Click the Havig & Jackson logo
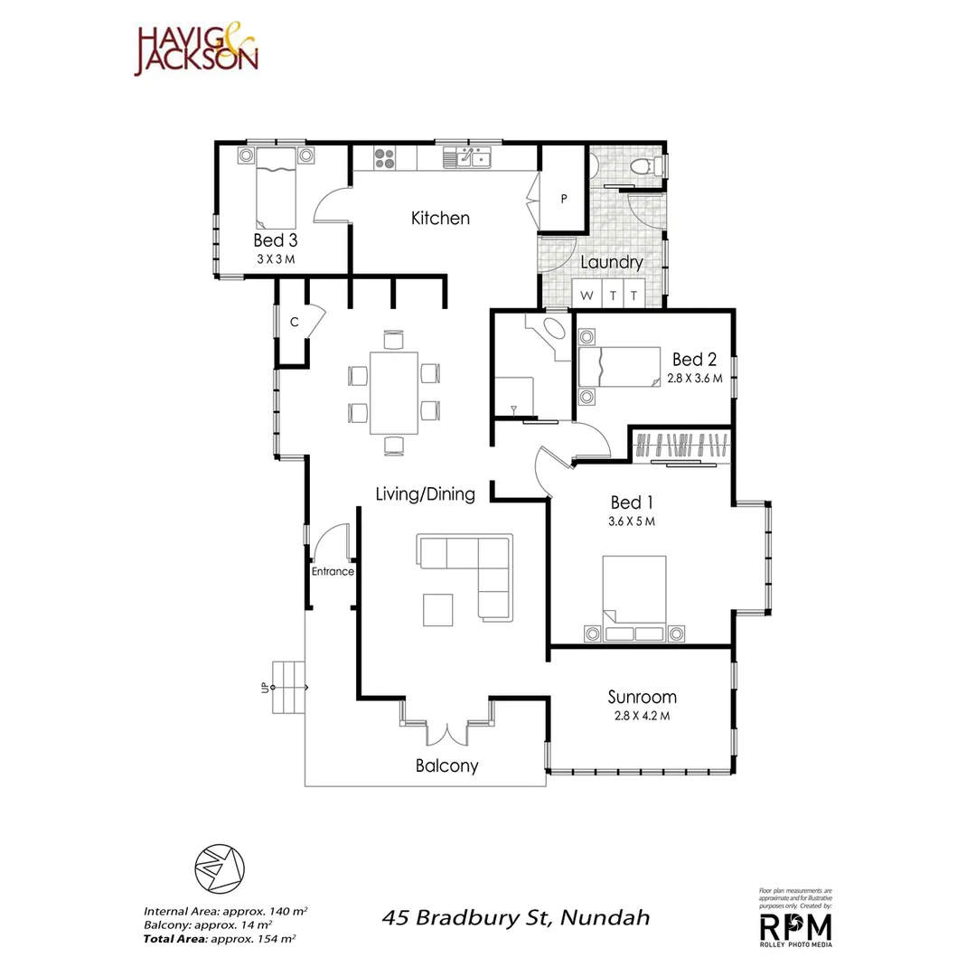pyautogui.click(x=196, y=51)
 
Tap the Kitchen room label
pyautogui.click(x=440, y=218)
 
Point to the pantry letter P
pyautogui.click(x=564, y=199)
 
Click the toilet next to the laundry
pyautogui.click(x=643, y=166)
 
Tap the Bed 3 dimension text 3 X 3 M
pyautogui.click(x=275, y=259)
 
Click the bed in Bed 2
pyautogui.click(x=620, y=368)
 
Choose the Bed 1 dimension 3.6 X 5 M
pyautogui.click(x=632, y=521)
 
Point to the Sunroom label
pyautogui.click(x=642, y=697)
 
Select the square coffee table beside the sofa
pyautogui.click(x=438, y=608)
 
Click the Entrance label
pyautogui.click(x=333, y=571)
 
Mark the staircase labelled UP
pyautogui.click(x=288, y=687)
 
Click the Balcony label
pyautogui.click(x=446, y=765)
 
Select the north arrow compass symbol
pyautogui.click(x=220, y=868)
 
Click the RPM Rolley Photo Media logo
pyautogui.click(x=795, y=927)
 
